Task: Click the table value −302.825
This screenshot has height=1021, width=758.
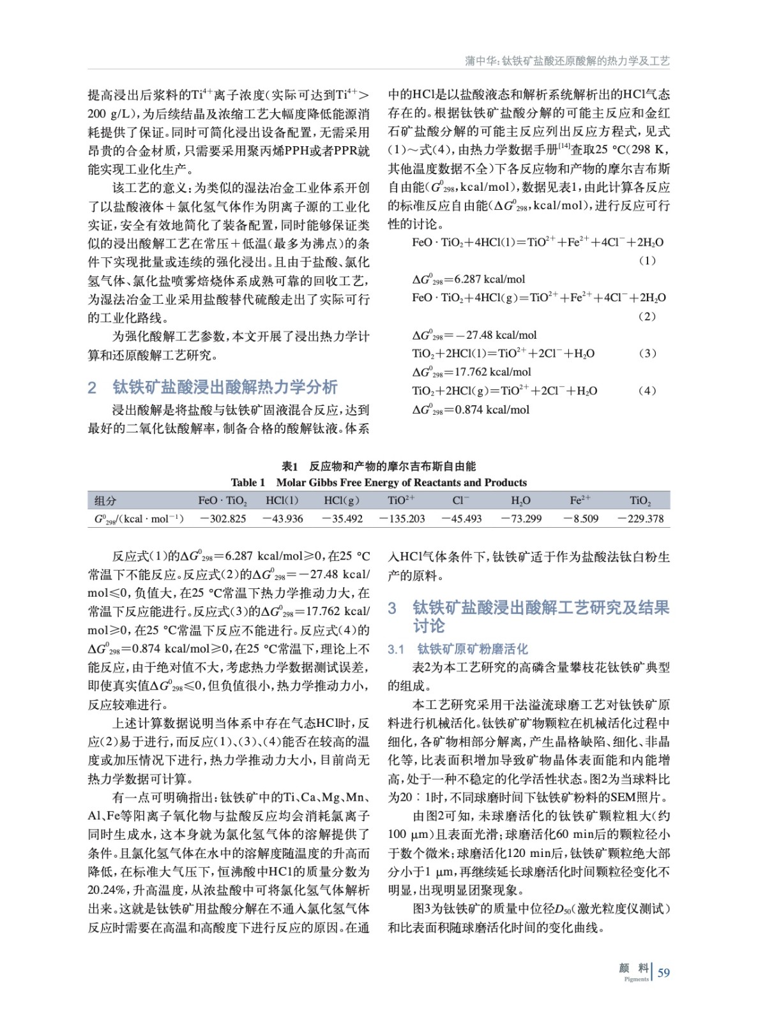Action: point(223,519)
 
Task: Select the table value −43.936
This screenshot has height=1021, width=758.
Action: point(283,519)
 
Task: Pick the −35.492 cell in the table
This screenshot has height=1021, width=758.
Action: point(342,519)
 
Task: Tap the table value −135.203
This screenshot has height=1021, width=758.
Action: point(402,519)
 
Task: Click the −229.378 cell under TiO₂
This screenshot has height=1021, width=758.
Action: point(641,519)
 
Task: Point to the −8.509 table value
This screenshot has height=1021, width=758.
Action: point(581,519)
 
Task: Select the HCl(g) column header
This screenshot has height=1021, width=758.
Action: point(342,500)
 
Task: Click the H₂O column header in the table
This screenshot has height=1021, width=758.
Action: point(521,500)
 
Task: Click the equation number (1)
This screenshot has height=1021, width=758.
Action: point(647,260)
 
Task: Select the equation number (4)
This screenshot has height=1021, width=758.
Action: point(647,391)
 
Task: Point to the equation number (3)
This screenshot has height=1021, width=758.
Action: point(647,353)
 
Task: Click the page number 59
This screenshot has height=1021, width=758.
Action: point(663,973)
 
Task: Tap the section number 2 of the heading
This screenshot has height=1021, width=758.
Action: point(92,387)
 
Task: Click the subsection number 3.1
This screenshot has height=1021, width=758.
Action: point(396,649)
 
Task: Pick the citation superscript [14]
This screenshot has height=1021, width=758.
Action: point(564,147)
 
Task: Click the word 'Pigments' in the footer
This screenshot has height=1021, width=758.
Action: point(636,979)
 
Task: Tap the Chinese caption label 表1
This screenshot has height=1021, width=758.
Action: point(290,466)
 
